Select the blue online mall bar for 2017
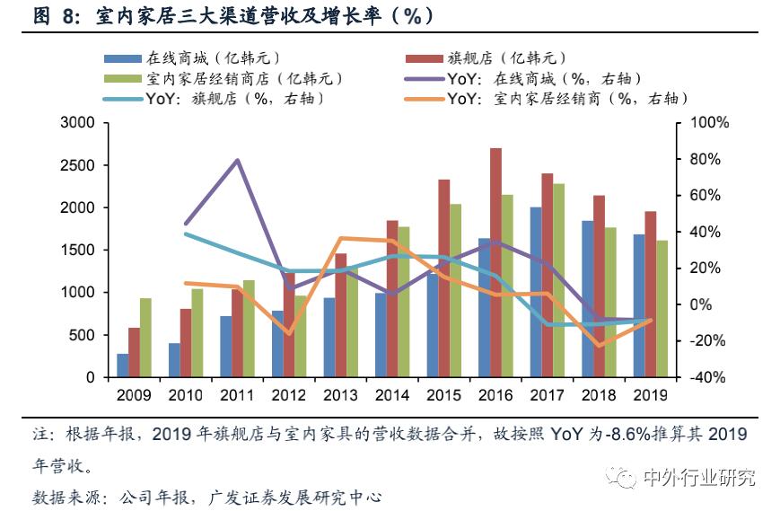[536, 292]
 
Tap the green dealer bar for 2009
[145, 338]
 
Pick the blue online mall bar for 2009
[122, 365]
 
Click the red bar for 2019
[651, 294]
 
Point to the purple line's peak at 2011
[237, 160]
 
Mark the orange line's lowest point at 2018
[599, 345]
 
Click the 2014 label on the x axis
[391, 395]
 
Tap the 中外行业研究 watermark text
[699, 477]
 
